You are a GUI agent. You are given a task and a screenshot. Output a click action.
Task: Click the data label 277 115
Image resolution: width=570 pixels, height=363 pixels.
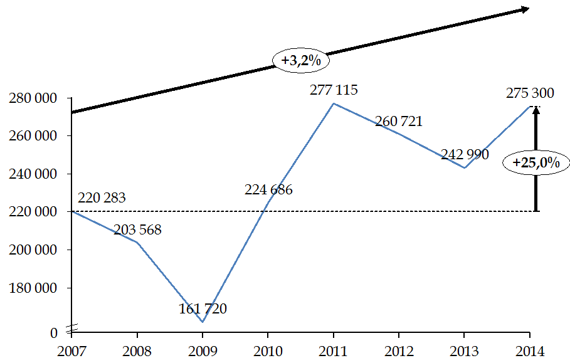tap(334, 90)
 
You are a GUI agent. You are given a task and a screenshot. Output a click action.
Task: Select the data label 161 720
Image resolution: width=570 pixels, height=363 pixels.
tap(202, 308)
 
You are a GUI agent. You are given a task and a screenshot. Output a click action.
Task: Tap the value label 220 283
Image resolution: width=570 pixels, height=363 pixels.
tap(102, 198)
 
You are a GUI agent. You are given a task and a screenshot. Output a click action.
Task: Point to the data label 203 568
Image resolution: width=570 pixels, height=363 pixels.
tap(137, 230)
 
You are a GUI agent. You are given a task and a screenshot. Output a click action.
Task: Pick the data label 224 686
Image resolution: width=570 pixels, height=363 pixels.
tap(268, 189)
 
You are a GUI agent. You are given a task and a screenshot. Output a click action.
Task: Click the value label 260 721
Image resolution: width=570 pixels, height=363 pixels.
tap(399, 122)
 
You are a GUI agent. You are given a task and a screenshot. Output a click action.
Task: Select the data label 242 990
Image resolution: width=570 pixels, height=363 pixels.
tap(465, 154)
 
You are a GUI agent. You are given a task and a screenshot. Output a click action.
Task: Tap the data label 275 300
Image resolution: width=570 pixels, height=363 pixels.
tap(530, 93)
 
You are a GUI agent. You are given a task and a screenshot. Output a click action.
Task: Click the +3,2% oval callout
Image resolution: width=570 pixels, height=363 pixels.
tap(301, 61)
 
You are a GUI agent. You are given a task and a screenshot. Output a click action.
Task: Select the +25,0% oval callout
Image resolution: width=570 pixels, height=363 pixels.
tap(536, 162)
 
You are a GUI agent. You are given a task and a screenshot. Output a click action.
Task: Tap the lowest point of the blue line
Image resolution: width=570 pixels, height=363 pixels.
tap(202, 322)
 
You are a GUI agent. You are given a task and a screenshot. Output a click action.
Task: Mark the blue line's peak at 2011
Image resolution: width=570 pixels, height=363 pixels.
tap(334, 103)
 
